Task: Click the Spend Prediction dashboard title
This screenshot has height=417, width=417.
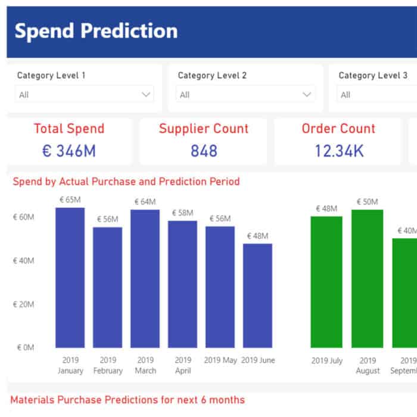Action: coord(96,31)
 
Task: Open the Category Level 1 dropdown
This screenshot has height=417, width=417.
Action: coord(84,94)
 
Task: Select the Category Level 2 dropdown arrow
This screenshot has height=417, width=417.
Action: coord(307,94)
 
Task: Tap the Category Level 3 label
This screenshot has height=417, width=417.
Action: coord(373,76)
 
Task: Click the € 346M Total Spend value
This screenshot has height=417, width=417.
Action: coord(69,151)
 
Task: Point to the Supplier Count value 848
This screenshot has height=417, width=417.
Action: coord(204,151)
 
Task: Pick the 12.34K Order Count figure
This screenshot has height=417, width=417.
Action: coord(339,151)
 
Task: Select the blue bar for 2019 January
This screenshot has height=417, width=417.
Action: coord(70,278)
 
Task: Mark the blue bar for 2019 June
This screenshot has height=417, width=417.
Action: coord(257,295)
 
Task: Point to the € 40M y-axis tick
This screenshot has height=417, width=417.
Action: coord(23,261)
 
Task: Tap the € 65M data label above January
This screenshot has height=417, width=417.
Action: coord(70,200)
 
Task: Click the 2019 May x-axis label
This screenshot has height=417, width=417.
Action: coord(220,360)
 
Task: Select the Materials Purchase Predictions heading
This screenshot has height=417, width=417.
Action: coord(127,400)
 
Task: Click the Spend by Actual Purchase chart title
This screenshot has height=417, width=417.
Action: coord(126,181)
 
